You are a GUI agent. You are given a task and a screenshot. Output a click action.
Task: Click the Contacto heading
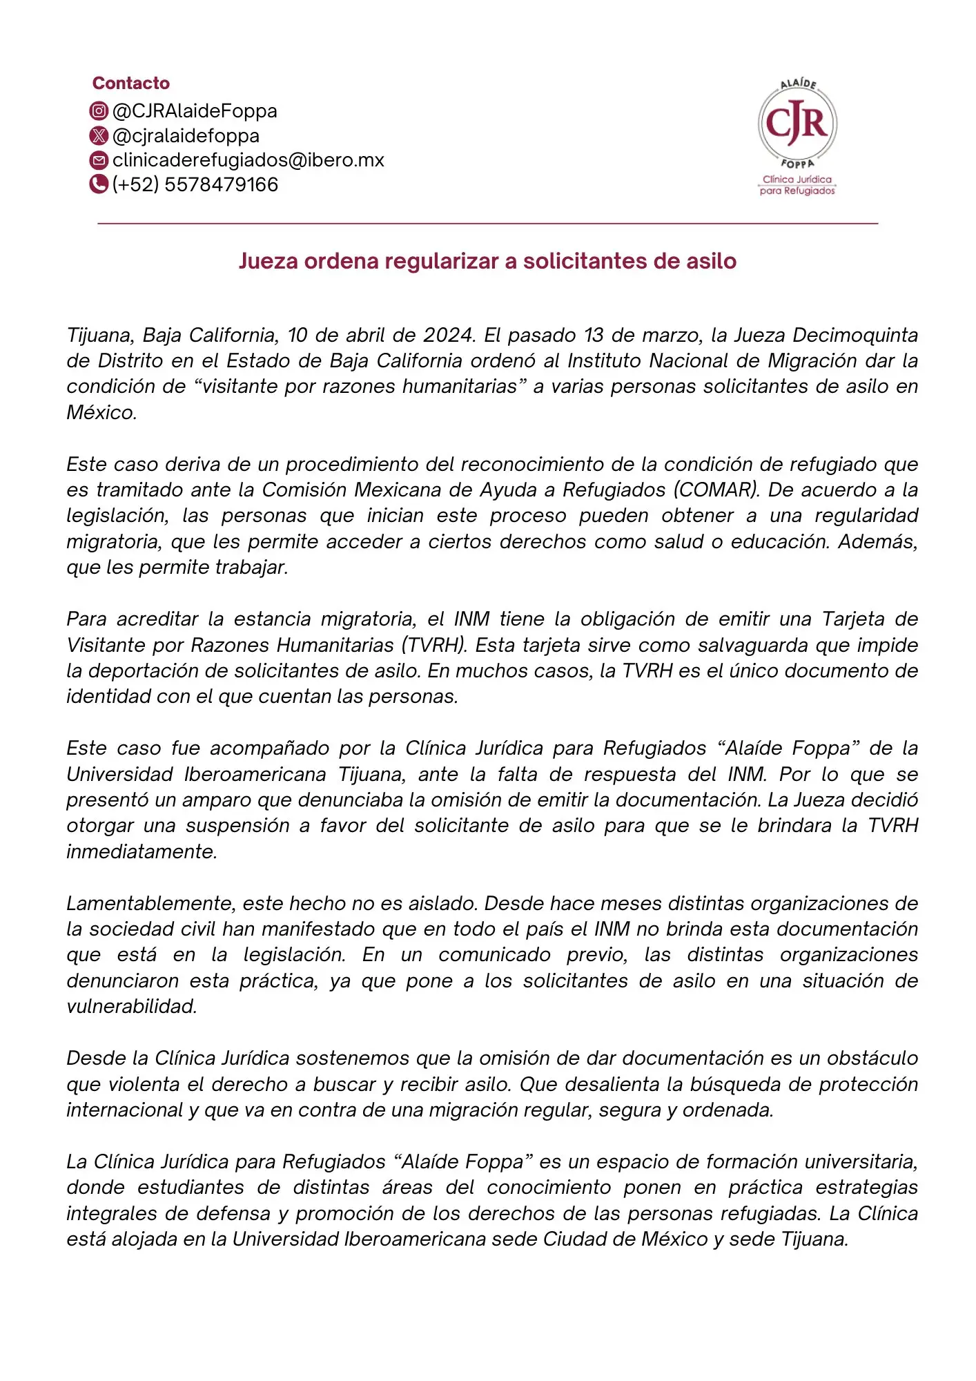click(x=131, y=84)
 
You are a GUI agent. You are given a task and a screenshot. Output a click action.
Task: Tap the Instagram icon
click(x=99, y=110)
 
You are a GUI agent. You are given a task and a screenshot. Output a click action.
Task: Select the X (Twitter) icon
click(x=99, y=135)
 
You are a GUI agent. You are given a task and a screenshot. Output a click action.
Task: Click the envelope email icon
click(x=99, y=160)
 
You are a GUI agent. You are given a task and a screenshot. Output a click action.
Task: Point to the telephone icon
click(x=99, y=184)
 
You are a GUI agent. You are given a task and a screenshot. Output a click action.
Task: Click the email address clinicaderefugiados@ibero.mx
click(x=248, y=160)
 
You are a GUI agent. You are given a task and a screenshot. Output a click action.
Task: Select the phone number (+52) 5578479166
click(x=195, y=184)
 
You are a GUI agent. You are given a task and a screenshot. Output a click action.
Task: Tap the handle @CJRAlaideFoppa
click(x=195, y=110)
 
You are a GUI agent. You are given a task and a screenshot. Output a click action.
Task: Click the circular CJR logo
click(x=797, y=124)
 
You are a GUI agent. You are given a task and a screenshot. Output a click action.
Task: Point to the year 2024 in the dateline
click(x=448, y=335)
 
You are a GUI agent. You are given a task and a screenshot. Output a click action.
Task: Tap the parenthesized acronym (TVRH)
click(x=435, y=645)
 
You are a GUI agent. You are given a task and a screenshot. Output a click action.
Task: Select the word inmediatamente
click(x=142, y=851)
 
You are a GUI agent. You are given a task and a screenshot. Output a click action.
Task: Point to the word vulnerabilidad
click(x=132, y=1006)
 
